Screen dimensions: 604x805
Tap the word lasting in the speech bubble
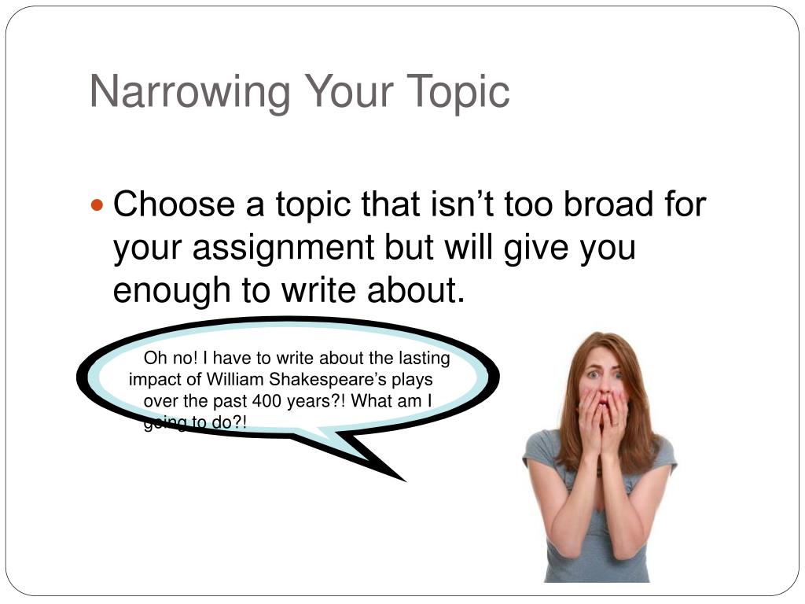coord(424,359)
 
